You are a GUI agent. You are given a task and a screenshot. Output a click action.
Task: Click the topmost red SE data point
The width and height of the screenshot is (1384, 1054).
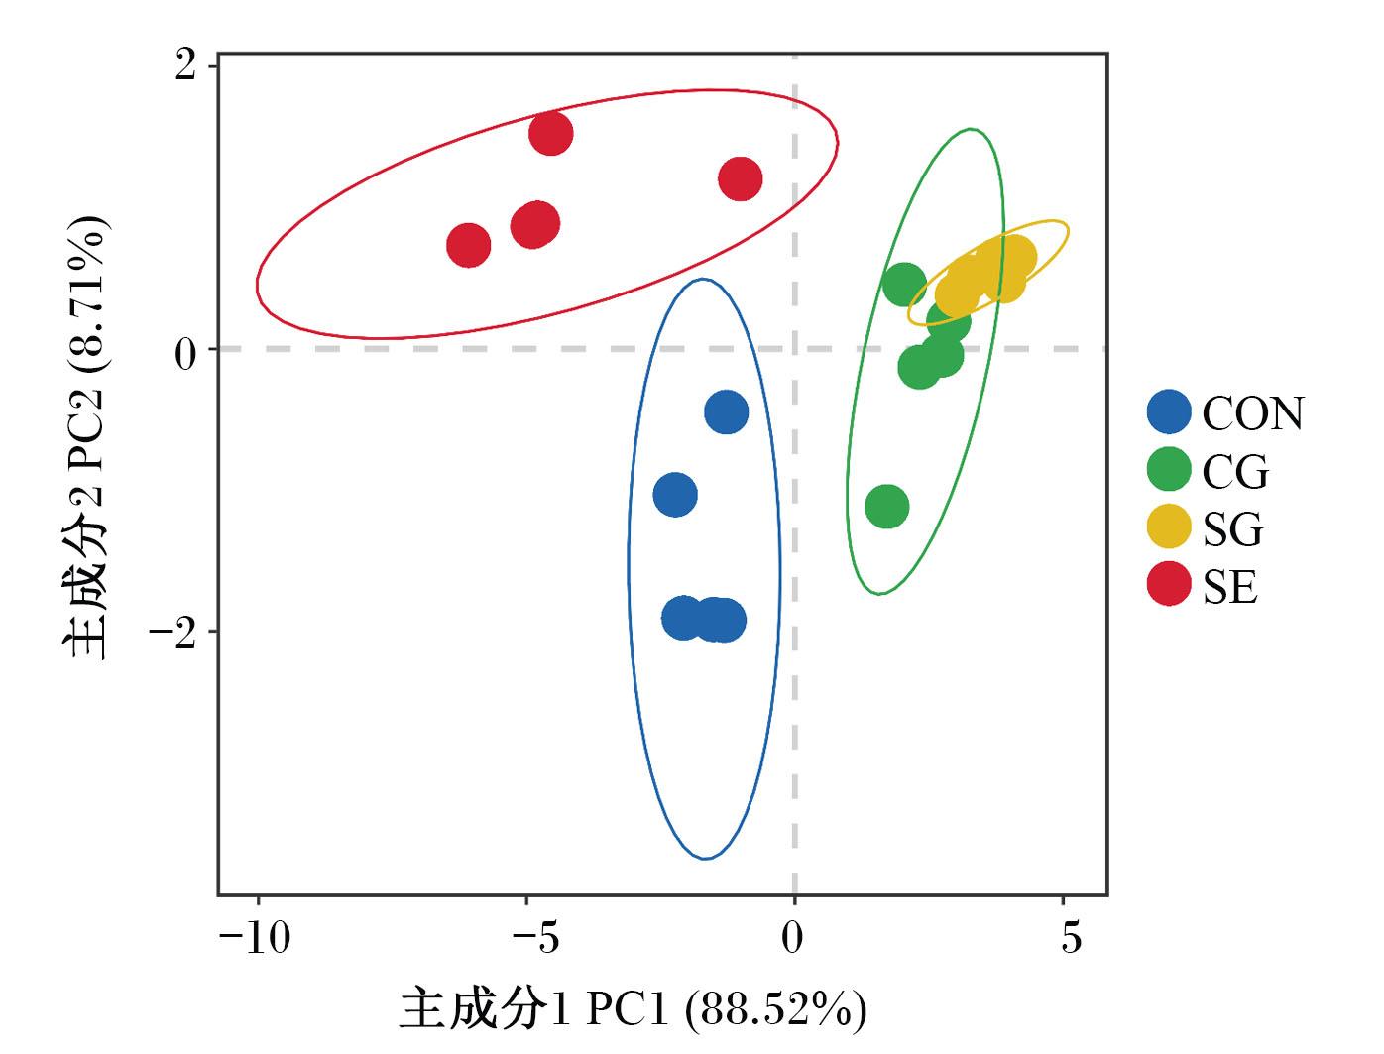pyautogui.click(x=550, y=133)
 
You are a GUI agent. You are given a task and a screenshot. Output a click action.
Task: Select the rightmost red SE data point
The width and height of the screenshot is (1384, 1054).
pyautogui.click(x=740, y=178)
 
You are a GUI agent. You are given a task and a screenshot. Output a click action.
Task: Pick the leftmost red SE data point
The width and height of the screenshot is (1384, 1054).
pyautogui.click(x=469, y=245)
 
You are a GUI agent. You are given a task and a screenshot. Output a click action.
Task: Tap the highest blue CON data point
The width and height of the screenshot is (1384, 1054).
pyautogui.click(x=726, y=411)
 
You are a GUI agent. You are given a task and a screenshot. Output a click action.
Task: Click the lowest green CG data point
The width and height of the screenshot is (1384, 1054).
pyautogui.click(x=886, y=506)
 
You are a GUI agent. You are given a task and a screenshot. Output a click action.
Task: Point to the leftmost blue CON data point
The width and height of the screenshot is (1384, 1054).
pyautogui.click(x=675, y=494)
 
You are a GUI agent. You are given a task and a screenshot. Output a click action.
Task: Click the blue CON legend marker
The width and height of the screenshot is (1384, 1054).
pyautogui.click(x=1168, y=412)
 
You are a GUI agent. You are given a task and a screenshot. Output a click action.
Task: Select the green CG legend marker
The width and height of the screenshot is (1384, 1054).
pyautogui.click(x=1168, y=469)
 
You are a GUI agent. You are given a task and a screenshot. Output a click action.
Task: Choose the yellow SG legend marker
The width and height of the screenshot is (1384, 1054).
pyautogui.click(x=1168, y=526)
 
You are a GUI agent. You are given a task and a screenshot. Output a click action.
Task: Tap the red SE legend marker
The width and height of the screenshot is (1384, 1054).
pyautogui.click(x=1168, y=583)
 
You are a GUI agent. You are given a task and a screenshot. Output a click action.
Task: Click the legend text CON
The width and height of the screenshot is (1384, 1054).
pyautogui.click(x=1252, y=413)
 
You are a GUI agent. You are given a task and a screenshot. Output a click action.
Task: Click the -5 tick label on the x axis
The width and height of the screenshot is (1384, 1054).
pyautogui.click(x=535, y=937)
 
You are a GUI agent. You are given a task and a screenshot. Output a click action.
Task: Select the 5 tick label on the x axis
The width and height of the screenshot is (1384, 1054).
pyautogui.click(x=1071, y=937)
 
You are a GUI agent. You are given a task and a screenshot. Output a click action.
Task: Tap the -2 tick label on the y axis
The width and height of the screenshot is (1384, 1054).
pyautogui.click(x=173, y=632)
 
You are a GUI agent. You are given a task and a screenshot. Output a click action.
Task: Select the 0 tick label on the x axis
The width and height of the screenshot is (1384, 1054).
pyautogui.click(x=792, y=937)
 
